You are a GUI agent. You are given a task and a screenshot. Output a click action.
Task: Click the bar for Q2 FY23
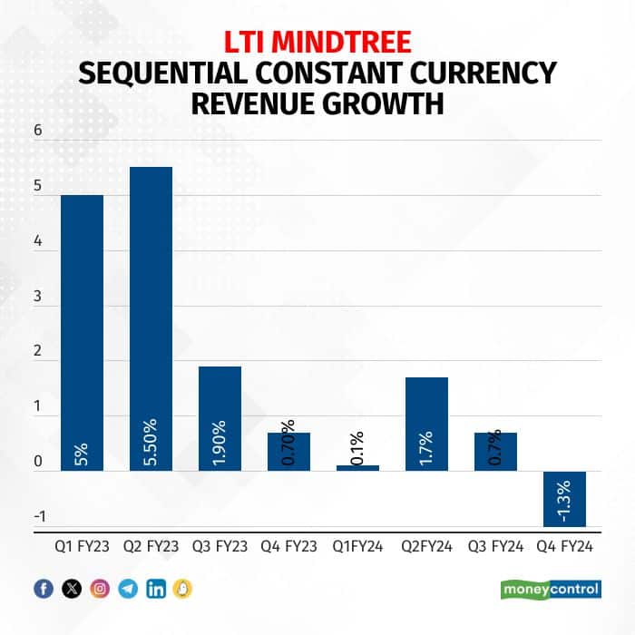click(x=151, y=318)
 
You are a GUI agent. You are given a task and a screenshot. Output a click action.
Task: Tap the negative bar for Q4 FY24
click(x=564, y=498)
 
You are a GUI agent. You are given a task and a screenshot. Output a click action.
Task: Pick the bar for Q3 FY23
click(x=220, y=418)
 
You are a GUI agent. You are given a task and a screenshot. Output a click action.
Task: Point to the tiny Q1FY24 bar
click(x=357, y=468)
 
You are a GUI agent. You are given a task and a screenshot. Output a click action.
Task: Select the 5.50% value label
click(x=151, y=443)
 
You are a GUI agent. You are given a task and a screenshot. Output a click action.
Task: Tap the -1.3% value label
click(x=564, y=500)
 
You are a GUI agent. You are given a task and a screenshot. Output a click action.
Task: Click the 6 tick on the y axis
click(x=38, y=130)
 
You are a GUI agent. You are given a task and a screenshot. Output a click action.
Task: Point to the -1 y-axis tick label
click(x=38, y=517)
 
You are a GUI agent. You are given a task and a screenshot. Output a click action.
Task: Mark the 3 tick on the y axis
click(x=38, y=297)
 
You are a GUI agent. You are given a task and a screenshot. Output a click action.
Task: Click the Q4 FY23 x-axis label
click(x=288, y=547)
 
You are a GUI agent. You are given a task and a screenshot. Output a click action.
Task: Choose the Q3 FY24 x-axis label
click(x=495, y=547)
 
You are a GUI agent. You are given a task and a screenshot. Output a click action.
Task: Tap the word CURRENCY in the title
click(x=466, y=72)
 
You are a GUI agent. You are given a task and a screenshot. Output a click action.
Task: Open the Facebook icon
click(x=44, y=589)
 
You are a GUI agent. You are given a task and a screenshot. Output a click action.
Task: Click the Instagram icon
click(x=100, y=589)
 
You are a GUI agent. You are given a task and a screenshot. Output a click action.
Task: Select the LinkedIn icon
click(x=156, y=589)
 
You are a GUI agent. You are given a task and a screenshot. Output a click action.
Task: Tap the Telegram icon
click(x=128, y=589)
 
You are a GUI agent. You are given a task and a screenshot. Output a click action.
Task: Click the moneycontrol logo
click(x=551, y=589)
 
